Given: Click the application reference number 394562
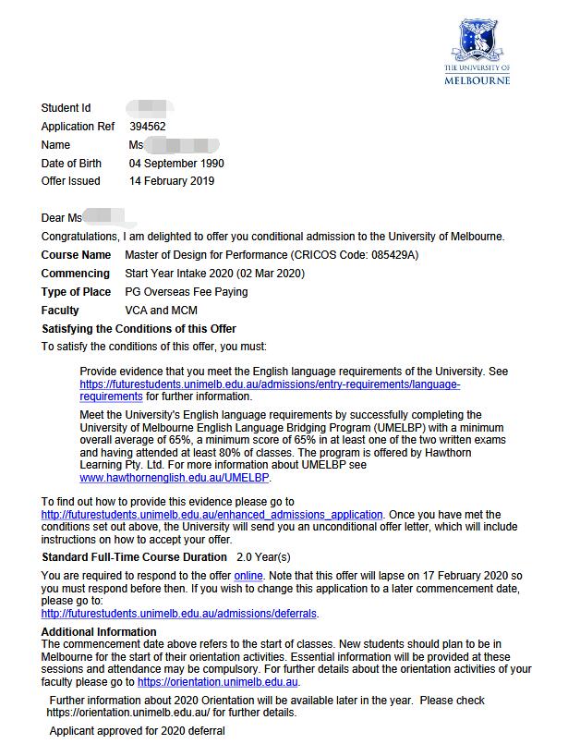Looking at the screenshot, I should [148, 127].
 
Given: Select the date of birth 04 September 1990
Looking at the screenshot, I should [176, 164].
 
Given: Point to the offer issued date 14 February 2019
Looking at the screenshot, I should [172, 181].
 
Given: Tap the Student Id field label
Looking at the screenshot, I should [66, 108].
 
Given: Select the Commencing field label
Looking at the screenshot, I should [76, 274].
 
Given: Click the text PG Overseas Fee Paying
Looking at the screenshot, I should [187, 292].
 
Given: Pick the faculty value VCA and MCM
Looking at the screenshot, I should [162, 311].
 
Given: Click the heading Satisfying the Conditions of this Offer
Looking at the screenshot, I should [139, 329].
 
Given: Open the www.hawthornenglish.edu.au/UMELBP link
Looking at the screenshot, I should [175, 479].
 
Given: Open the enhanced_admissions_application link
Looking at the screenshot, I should [211, 515].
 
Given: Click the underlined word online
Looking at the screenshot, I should [249, 576].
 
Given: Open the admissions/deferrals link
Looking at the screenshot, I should [179, 613].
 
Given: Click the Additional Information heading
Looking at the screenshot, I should [99, 632].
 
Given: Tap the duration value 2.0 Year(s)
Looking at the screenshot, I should [263, 557].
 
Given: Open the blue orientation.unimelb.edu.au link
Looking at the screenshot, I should [218, 682].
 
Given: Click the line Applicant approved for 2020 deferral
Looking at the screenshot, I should [137, 731].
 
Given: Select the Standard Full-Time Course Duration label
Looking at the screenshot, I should [134, 557].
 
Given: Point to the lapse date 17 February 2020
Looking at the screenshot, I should [457, 576].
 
